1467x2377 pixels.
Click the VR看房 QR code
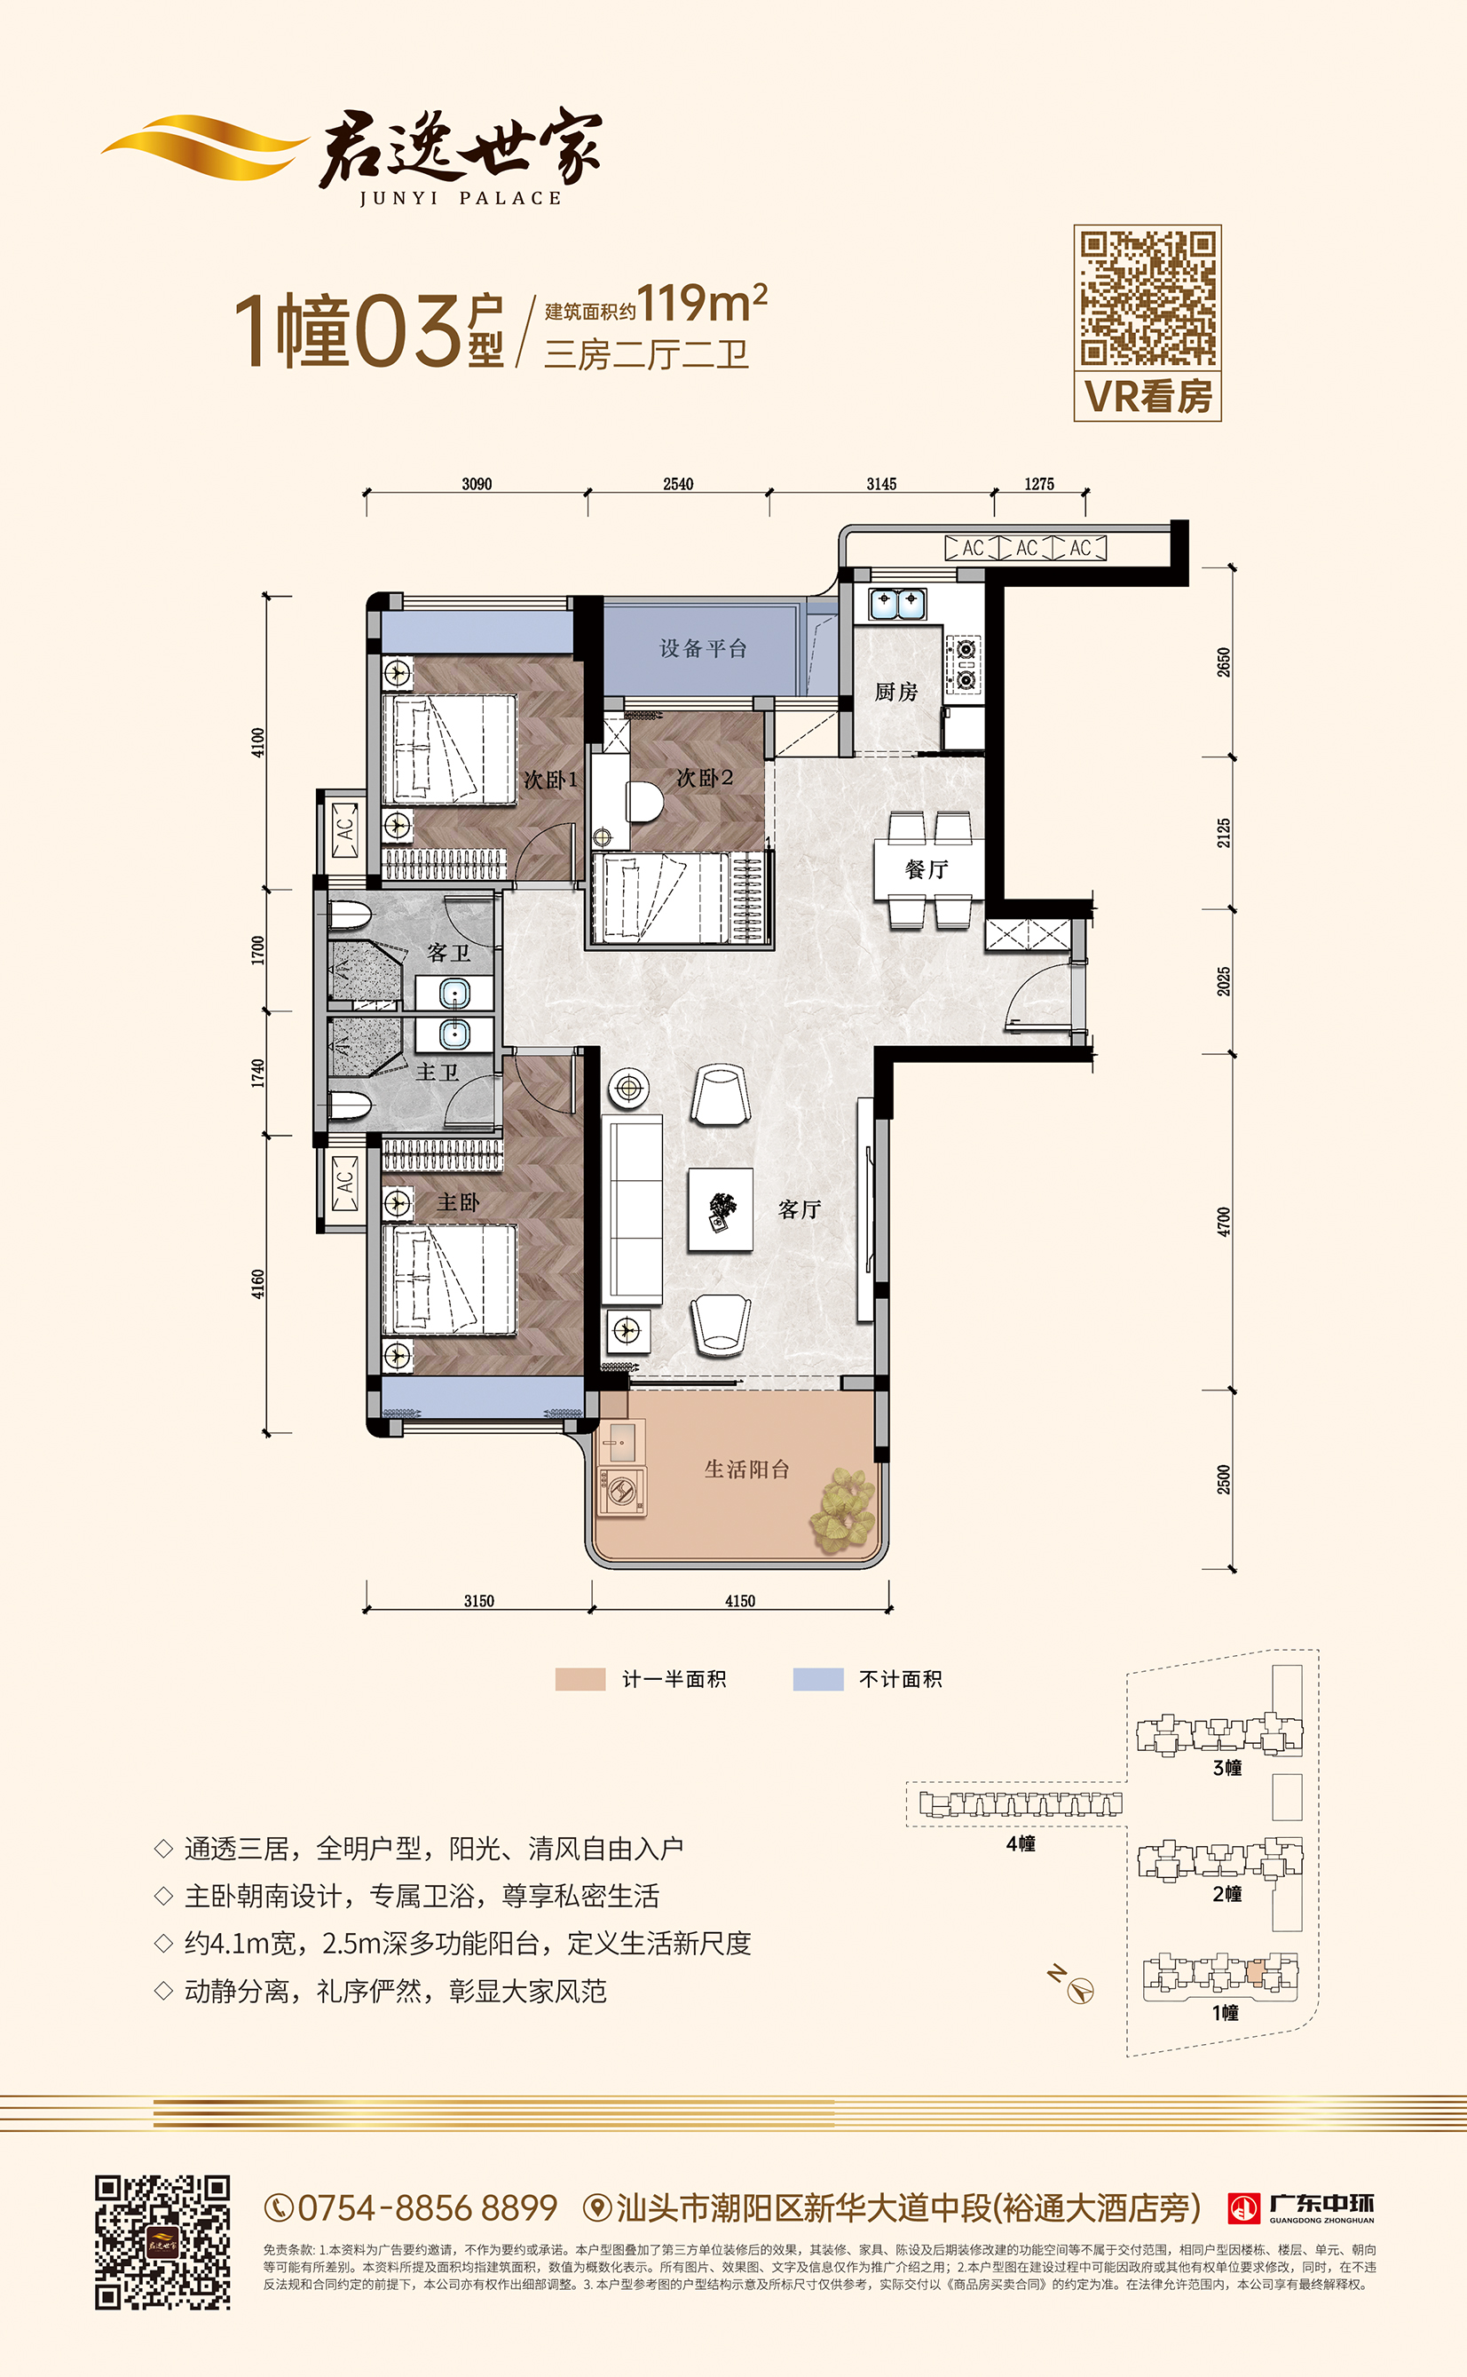1148,298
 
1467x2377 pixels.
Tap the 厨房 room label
895,692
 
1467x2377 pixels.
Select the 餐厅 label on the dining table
927,869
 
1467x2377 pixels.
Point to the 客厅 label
800,1209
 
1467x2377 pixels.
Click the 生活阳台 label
746,1470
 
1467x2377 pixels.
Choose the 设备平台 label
704,648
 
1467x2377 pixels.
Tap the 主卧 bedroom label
458,1202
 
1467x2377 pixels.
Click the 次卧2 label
705,779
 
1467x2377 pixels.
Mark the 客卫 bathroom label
448,953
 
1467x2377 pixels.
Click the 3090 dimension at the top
477,484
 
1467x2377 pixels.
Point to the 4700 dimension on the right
1224,1221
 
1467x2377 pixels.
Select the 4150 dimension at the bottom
740,1601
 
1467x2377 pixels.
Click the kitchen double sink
896,604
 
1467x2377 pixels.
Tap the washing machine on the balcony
621,1491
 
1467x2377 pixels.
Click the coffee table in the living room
721,1209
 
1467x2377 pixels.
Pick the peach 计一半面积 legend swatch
580,1679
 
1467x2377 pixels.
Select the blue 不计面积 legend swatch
818,1679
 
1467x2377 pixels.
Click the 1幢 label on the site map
1226,2013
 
